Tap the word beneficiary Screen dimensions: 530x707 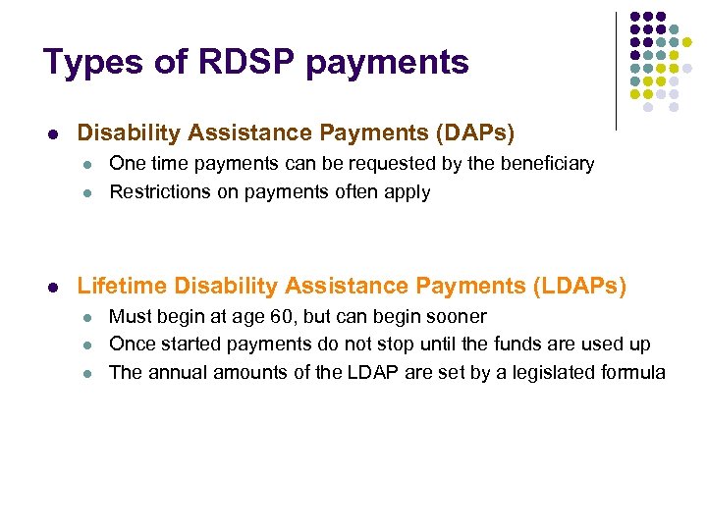tap(549, 163)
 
